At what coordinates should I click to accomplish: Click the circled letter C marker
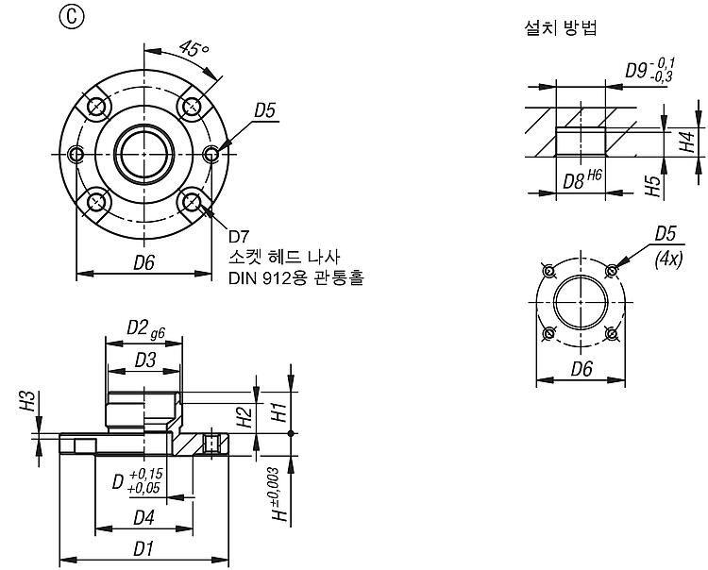pyautogui.click(x=72, y=17)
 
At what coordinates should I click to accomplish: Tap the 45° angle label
pyautogui.click(x=194, y=49)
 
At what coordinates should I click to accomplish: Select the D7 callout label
pyautogui.click(x=239, y=236)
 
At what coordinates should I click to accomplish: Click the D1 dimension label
pyautogui.click(x=143, y=549)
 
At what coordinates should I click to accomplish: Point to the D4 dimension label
pyautogui.click(x=144, y=518)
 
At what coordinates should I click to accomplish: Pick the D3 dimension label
pyautogui.click(x=145, y=360)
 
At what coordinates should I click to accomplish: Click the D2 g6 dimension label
pyautogui.click(x=145, y=329)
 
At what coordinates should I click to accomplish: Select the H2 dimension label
pyautogui.click(x=244, y=416)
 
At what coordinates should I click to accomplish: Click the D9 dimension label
pyautogui.click(x=649, y=70)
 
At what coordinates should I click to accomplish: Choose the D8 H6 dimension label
pyautogui.click(x=582, y=180)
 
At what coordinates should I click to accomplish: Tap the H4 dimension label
pyautogui.click(x=687, y=142)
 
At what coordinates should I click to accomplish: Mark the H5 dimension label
pyautogui.click(x=653, y=186)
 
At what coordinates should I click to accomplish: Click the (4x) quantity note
pyautogui.click(x=668, y=260)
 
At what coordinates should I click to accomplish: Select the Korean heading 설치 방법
pyautogui.click(x=561, y=27)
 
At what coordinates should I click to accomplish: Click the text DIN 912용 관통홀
pyautogui.click(x=296, y=277)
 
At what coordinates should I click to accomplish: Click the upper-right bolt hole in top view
pyautogui.click(x=192, y=107)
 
